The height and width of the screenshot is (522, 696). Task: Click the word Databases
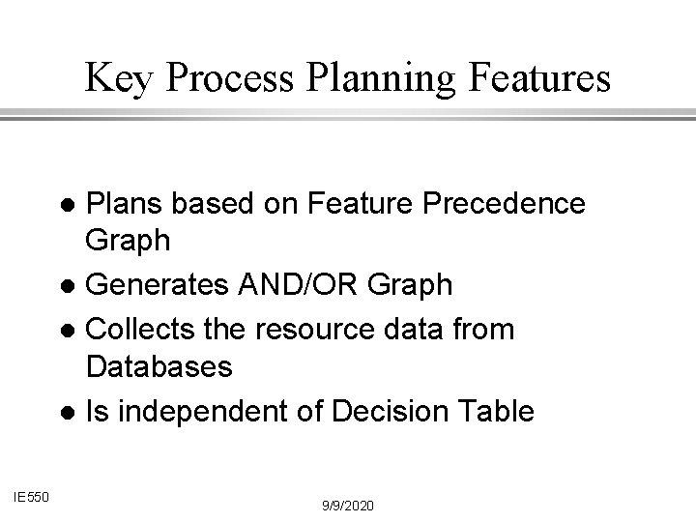pos(159,366)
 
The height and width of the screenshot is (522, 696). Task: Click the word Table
pos(497,413)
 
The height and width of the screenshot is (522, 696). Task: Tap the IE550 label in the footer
pos(33,496)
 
